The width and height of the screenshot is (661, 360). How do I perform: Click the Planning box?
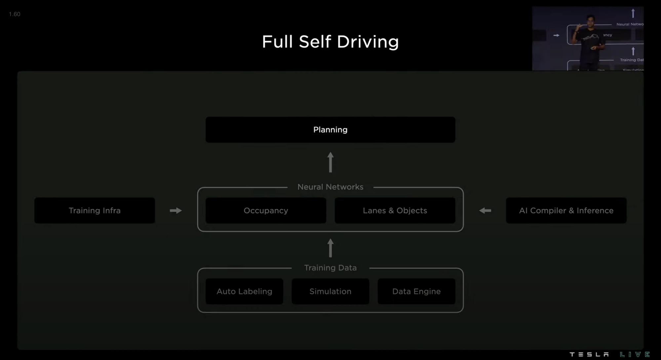(x=330, y=130)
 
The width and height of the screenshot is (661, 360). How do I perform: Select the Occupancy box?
(x=266, y=211)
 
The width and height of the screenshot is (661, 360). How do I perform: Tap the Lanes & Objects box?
(x=395, y=211)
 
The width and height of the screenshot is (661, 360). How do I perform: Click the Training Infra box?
(x=95, y=211)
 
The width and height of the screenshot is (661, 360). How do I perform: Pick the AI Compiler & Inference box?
(x=566, y=211)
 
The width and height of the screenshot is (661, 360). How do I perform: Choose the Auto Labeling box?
(x=244, y=291)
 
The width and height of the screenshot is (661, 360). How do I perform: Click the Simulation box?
(x=330, y=291)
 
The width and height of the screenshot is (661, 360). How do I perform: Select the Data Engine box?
(x=416, y=291)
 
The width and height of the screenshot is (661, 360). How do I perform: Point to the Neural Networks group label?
(x=330, y=187)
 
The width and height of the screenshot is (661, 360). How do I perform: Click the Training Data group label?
(x=330, y=268)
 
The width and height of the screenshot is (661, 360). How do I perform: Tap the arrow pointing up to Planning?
(x=330, y=162)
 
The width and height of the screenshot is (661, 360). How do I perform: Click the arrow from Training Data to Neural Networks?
(x=330, y=248)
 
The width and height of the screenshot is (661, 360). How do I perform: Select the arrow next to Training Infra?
(x=175, y=211)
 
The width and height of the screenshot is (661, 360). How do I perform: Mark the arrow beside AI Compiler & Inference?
(x=485, y=211)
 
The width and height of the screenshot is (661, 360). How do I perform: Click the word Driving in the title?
(x=368, y=42)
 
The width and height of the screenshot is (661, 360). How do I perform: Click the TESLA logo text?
(x=589, y=354)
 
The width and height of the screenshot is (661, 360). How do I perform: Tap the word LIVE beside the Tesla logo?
(x=635, y=354)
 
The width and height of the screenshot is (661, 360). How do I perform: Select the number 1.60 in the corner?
(x=15, y=14)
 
